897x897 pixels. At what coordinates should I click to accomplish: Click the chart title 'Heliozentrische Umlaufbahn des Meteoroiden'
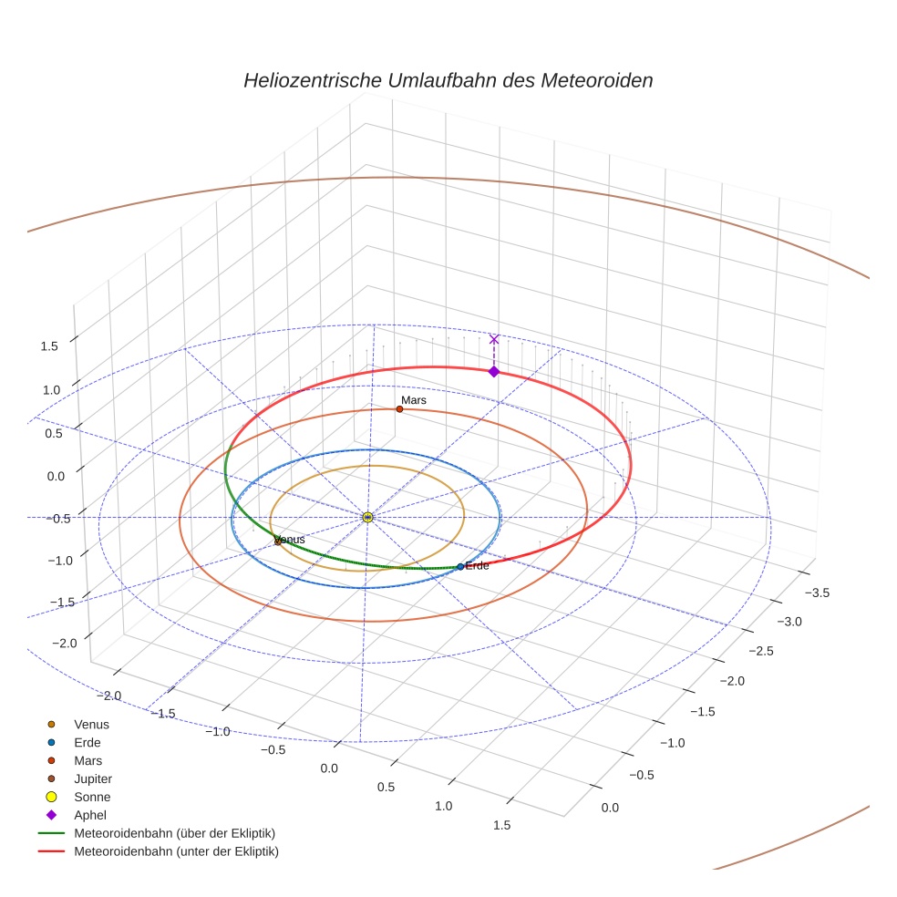point(448,80)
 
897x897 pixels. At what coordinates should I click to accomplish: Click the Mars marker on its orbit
point(399,409)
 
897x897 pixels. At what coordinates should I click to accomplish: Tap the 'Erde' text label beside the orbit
point(477,566)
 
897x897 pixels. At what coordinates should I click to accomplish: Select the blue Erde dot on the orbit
point(460,567)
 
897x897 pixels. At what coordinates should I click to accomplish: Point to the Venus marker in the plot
point(278,542)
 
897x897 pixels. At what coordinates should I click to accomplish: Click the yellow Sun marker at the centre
point(367,517)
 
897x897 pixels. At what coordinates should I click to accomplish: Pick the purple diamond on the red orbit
point(494,371)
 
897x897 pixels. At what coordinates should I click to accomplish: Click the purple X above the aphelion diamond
point(494,339)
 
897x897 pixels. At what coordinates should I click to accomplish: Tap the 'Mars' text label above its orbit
point(414,400)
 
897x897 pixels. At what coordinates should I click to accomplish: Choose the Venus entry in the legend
point(91,725)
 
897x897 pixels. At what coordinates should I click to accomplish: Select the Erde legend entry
point(88,743)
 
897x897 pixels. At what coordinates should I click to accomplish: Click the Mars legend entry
point(88,761)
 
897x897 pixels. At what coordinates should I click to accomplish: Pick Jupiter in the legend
point(92,779)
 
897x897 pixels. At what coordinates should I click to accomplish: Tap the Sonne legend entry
point(92,798)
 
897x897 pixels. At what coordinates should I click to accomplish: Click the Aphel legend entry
point(90,816)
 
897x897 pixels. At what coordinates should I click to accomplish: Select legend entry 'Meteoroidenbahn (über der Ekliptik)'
point(174,834)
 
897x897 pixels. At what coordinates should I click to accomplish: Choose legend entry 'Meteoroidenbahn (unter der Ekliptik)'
point(176,852)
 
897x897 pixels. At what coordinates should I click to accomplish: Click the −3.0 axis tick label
point(788,622)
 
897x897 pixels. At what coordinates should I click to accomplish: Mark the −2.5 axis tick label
point(761,651)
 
